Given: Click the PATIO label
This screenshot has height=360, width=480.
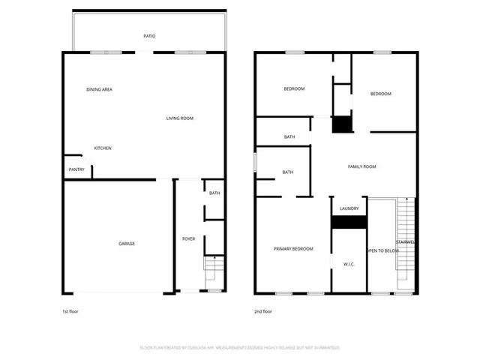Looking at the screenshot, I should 149,35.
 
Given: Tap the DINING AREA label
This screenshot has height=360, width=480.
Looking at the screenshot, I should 99,89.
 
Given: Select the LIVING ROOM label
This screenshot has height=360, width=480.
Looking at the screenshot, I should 180,118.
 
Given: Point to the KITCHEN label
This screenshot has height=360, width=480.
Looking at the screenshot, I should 103,148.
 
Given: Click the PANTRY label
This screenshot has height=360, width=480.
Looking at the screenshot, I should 76,169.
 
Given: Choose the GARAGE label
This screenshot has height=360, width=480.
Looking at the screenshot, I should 127,244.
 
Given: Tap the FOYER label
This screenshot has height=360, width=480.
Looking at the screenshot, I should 188,238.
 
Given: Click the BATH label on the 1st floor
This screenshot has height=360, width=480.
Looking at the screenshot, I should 214,193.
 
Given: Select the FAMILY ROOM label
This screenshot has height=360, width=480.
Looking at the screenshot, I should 361,166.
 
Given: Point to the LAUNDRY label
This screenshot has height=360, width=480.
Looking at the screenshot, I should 349,208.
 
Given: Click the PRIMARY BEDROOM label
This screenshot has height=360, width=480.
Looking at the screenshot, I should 293,248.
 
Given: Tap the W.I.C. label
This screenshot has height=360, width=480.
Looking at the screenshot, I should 349,264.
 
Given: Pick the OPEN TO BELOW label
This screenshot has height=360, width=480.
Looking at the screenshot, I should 382,250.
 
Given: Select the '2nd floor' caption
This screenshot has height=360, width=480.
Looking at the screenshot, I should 264,310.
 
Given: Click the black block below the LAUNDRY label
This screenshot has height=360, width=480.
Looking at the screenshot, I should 349,222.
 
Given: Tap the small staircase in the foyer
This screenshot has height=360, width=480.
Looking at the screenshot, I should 214,267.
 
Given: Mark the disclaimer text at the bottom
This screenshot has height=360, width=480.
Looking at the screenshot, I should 240,348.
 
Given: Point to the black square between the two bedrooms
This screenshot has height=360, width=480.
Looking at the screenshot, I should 342,124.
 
